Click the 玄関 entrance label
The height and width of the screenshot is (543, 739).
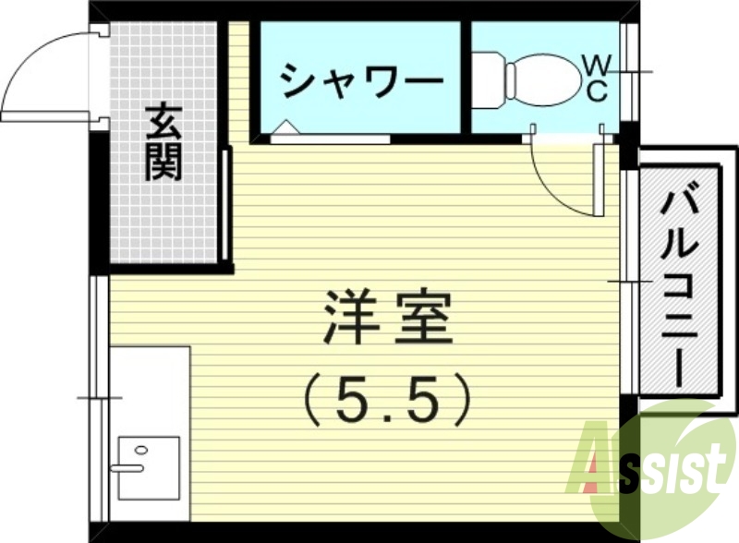[164, 143]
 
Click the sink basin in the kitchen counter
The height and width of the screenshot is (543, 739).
[147, 467]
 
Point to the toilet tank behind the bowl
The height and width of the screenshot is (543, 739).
[487, 76]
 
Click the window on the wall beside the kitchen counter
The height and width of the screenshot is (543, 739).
[100, 397]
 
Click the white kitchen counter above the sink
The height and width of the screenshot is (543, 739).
[148, 388]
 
